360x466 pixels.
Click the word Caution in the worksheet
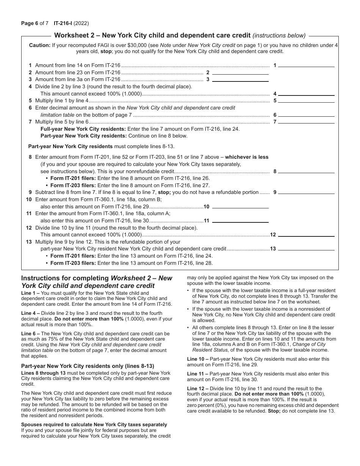click(39, 45)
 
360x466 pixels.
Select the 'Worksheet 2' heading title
click(152, 36)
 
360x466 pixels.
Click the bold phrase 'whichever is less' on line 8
click(247, 157)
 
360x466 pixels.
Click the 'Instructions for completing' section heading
click(65, 278)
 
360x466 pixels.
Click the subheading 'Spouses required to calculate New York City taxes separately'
click(94, 424)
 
